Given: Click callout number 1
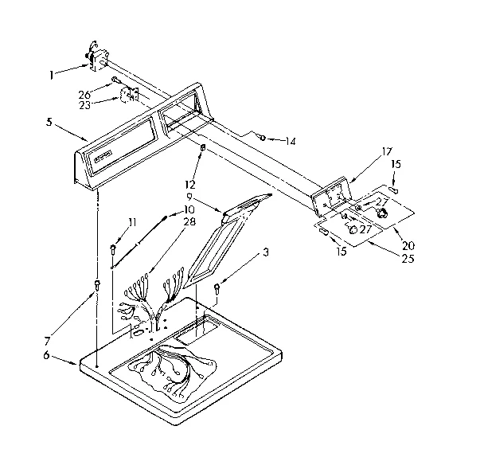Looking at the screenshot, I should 51,75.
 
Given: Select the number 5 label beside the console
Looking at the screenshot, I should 49,123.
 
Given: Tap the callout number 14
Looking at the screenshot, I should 290,141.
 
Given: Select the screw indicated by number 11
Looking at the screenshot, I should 112,249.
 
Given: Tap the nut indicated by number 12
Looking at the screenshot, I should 204,148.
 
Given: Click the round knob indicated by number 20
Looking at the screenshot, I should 381,213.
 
